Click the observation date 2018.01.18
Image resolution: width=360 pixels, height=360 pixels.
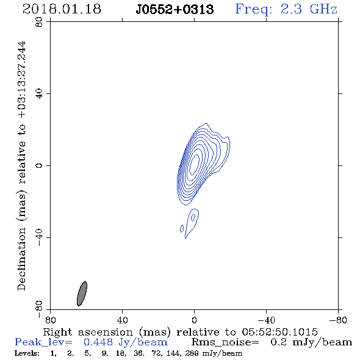click(x=62, y=9)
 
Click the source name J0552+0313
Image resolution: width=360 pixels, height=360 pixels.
click(x=175, y=10)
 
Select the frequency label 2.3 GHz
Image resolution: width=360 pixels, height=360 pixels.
click(x=309, y=9)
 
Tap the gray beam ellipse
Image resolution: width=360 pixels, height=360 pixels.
click(x=82, y=293)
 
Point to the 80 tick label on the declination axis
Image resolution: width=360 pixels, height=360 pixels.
click(x=39, y=22)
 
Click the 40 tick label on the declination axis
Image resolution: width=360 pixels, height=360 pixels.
click(x=39, y=94)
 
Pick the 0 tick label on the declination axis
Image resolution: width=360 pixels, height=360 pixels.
click(x=39, y=165)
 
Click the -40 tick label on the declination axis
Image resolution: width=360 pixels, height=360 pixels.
click(x=39, y=237)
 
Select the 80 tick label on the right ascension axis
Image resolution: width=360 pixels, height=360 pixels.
click(x=50, y=320)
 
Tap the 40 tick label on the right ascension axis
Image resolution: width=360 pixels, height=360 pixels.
click(x=122, y=320)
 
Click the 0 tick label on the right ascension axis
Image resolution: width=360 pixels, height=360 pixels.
click(x=194, y=320)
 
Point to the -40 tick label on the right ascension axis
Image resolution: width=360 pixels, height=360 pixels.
click(x=266, y=320)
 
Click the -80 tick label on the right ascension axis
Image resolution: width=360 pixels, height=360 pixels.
click(x=338, y=320)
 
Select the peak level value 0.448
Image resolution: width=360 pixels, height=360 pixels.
click(x=98, y=342)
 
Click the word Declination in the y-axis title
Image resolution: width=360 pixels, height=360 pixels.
click(x=21, y=259)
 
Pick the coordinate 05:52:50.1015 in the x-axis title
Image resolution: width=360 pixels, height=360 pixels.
click(x=279, y=332)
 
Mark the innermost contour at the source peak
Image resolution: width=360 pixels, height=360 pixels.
click(x=194, y=165)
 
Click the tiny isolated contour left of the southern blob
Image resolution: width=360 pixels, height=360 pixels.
click(x=182, y=228)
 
